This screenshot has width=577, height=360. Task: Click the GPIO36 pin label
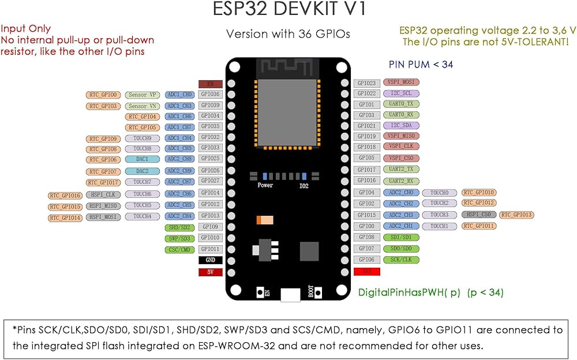[x=210, y=94]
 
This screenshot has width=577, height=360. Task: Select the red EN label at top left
[x=210, y=84]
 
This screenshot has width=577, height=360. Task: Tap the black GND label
[x=210, y=260]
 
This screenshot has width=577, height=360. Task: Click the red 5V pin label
[x=210, y=272]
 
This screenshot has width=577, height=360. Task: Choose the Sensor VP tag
[x=142, y=95]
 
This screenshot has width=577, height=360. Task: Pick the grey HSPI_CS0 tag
[x=478, y=215]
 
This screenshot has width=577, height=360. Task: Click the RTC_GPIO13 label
[x=516, y=215]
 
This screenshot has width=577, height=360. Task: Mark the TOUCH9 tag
[x=142, y=138]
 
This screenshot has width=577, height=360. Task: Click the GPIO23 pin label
[x=366, y=84]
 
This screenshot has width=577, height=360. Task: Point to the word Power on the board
[x=265, y=186]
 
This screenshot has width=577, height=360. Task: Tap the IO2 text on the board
[x=304, y=186]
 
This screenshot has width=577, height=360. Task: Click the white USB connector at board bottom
[x=290, y=295]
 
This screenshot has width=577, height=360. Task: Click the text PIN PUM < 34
[x=421, y=65]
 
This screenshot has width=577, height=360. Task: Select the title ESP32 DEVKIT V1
[x=288, y=10]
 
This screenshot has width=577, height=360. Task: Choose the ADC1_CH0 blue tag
[x=179, y=94]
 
